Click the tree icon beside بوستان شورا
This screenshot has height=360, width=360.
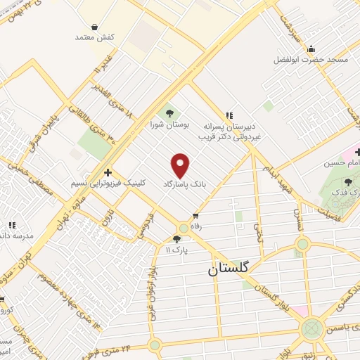pos(169,112)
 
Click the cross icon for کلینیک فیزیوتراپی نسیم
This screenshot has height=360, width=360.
pos(107,172)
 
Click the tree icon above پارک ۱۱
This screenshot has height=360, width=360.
pos(186,240)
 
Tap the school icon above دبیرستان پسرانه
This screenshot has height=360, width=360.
pos(227,115)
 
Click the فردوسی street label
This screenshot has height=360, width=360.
pos(146,224)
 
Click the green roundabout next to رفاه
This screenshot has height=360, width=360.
pos(184,228)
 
